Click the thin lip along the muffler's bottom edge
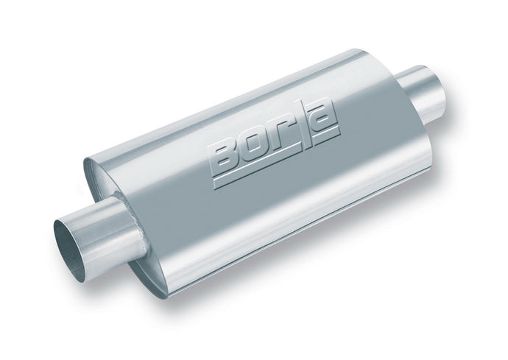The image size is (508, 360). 294,229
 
